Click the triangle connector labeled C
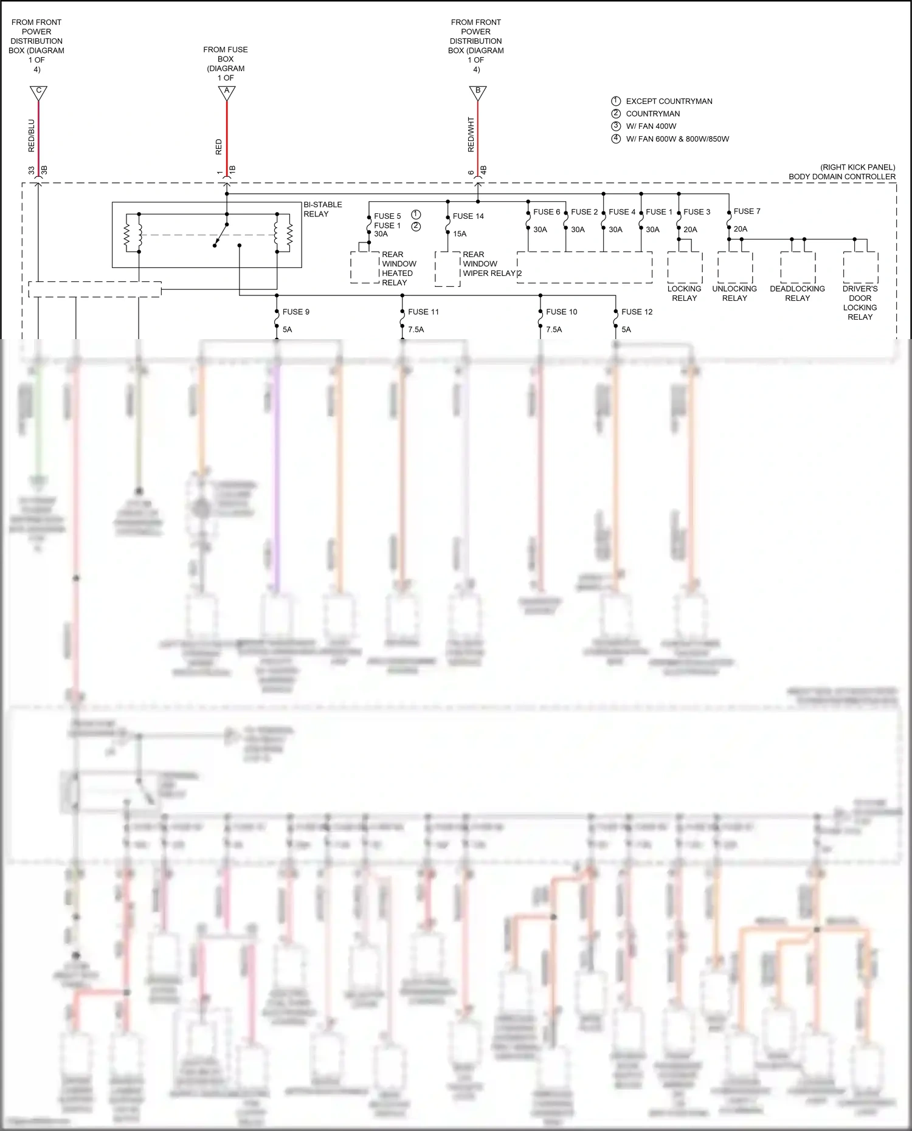(x=38, y=92)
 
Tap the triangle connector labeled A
(x=227, y=92)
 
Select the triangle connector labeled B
(x=478, y=92)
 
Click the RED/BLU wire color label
(x=32, y=135)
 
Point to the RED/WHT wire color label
(x=471, y=134)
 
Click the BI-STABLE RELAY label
(x=322, y=209)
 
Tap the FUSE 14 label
(x=468, y=216)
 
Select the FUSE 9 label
(x=295, y=312)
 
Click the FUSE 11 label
(x=423, y=312)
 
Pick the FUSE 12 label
(x=637, y=312)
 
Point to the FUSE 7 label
(x=747, y=211)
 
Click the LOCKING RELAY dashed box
(x=685, y=267)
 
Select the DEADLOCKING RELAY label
(x=797, y=294)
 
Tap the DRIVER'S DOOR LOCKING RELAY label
(x=860, y=303)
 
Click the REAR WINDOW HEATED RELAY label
(x=399, y=269)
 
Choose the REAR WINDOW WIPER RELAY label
(x=488, y=264)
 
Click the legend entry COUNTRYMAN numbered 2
(x=652, y=114)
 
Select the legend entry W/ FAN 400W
(x=651, y=126)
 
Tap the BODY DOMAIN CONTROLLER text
(x=841, y=177)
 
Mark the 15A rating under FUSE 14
(x=460, y=234)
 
